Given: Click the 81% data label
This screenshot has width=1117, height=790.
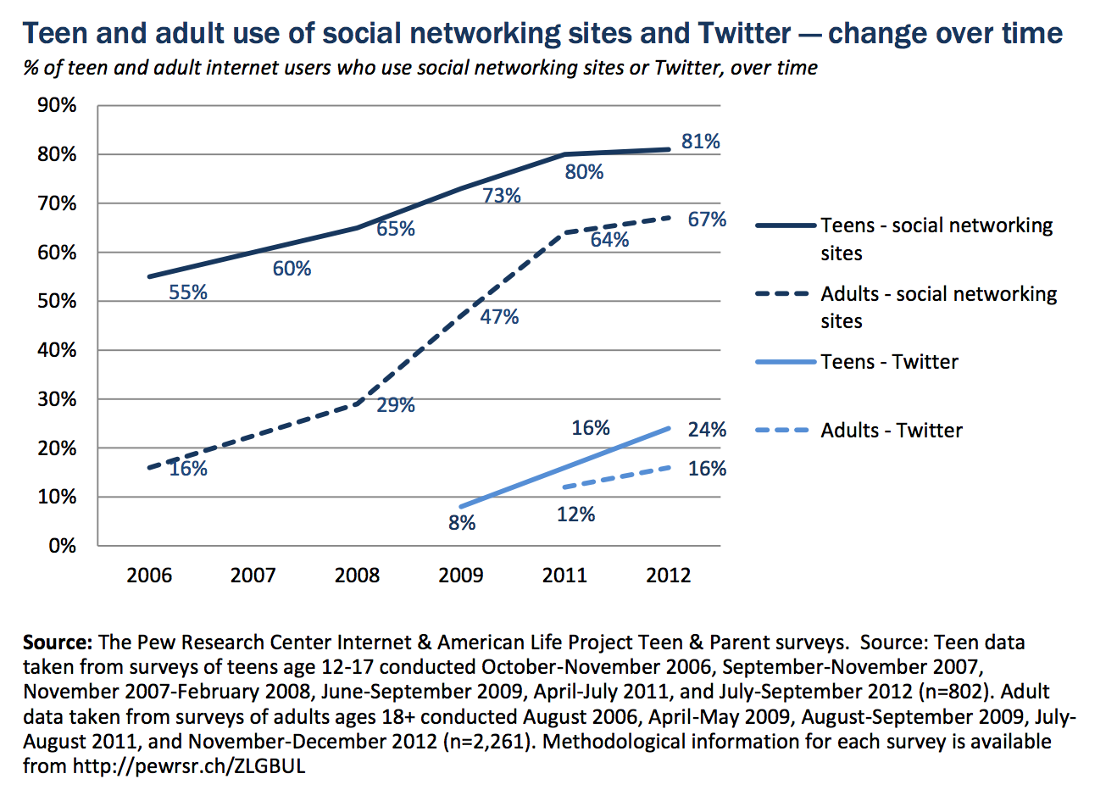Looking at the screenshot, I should coord(700,142).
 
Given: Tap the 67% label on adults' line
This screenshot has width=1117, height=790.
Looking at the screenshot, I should coord(707,220).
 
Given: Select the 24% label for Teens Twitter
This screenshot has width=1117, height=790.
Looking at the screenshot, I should coord(707,430).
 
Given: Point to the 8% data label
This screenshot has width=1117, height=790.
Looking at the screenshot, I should coord(462,523).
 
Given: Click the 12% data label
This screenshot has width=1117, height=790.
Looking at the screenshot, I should coord(575,515).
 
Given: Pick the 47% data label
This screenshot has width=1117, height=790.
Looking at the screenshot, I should coord(499,317).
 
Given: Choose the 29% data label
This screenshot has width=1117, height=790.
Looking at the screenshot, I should coord(396,405).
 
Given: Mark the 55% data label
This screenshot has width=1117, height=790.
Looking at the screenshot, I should coord(188,292).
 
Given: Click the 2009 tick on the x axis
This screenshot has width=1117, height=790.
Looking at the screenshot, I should coord(460,576).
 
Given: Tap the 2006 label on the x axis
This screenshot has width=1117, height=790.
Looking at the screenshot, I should coord(149,576).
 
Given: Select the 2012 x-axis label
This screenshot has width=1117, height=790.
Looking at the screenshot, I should coord(668,576).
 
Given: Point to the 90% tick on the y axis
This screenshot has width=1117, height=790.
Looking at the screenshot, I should coord(57,105).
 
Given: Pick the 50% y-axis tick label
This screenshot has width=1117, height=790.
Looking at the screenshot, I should coord(57,302).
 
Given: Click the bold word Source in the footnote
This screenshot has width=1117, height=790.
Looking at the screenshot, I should coord(57,643).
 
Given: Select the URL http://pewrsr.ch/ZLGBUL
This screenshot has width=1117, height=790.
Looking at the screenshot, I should coord(188,766).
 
